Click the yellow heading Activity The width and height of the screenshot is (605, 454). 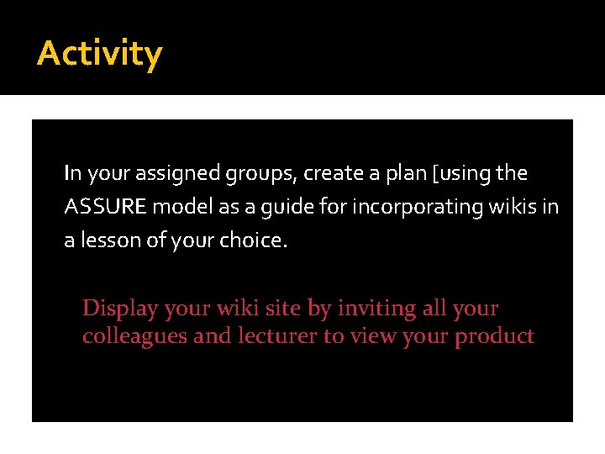click(x=99, y=54)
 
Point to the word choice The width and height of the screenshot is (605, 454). click(x=253, y=241)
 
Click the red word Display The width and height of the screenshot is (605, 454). click(x=120, y=309)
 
